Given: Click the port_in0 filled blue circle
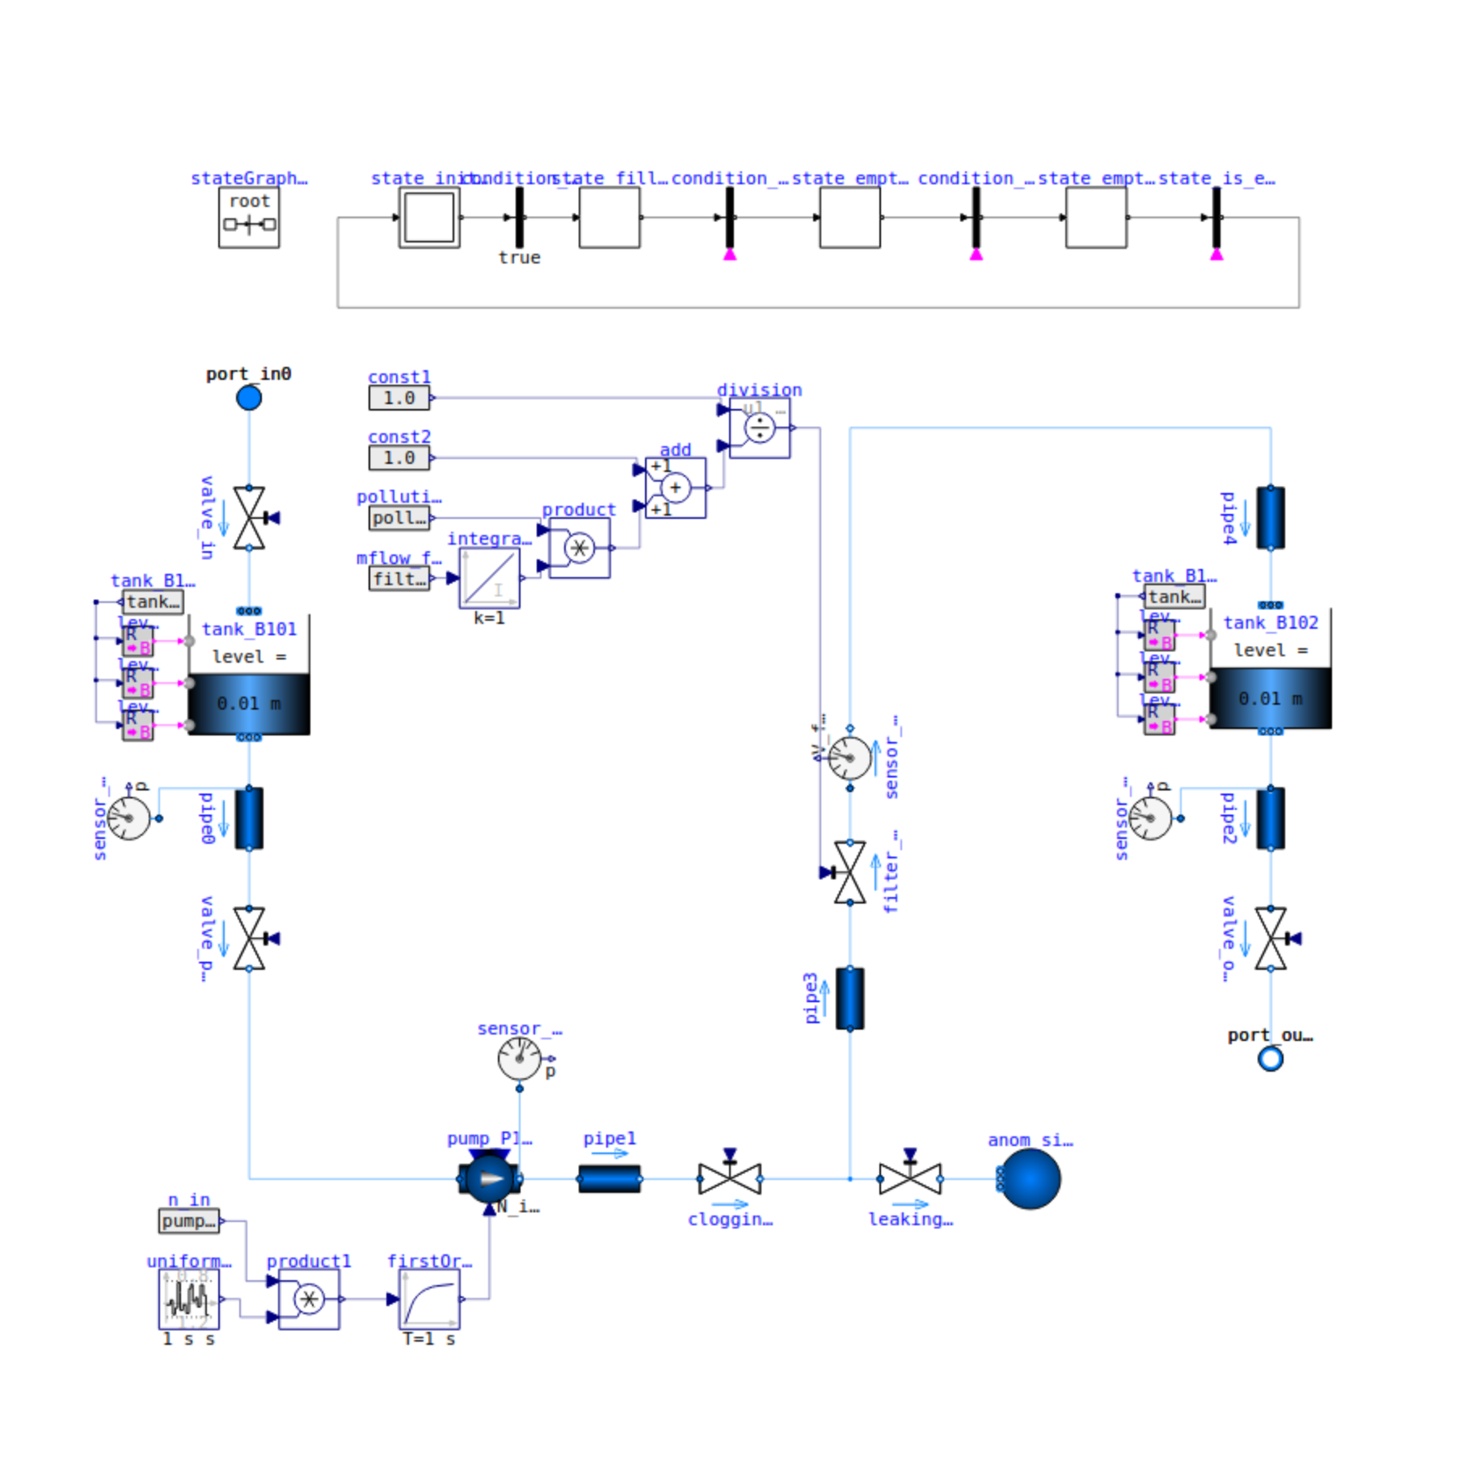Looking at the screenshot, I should click(x=248, y=398).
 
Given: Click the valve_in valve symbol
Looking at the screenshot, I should click(x=248, y=518).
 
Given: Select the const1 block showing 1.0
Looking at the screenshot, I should click(x=398, y=398).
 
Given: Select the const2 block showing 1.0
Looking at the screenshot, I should click(x=398, y=457).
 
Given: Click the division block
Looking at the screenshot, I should click(x=759, y=428).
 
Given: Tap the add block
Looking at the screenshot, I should click(x=675, y=487).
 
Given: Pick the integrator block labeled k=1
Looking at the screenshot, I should click(x=489, y=578).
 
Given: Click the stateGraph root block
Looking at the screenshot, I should click(x=249, y=217).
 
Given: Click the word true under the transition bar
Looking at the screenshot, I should click(x=519, y=258).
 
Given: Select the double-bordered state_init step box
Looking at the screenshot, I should click(x=429, y=217).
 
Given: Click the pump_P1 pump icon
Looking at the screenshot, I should click(x=489, y=1178).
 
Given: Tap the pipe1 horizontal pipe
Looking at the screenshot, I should click(x=609, y=1178).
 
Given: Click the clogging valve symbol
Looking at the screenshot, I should click(x=729, y=1178).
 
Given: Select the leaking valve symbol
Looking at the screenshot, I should click(x=909, y=1178).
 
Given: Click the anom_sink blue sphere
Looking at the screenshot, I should click(x=1030, y=1178).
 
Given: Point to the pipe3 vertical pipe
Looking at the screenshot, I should click(x=850, y=998).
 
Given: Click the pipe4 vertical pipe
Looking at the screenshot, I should click(x=1270, y=518).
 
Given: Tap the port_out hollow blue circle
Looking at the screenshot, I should click(x=1270, y=1058).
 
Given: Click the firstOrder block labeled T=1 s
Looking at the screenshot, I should click(x=429, y=1299).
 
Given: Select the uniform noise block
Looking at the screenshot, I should click(x=188, y=1299).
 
